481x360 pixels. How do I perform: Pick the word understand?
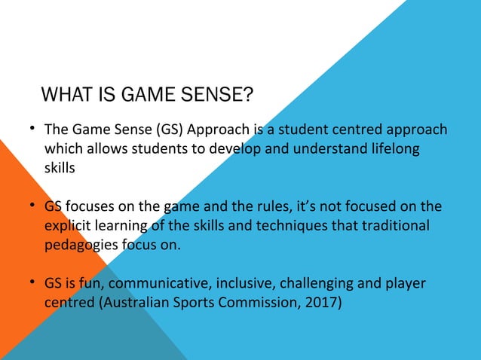(305, 149)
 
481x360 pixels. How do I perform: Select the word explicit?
(69, 225)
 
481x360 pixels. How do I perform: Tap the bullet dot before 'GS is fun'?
(33, 282)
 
